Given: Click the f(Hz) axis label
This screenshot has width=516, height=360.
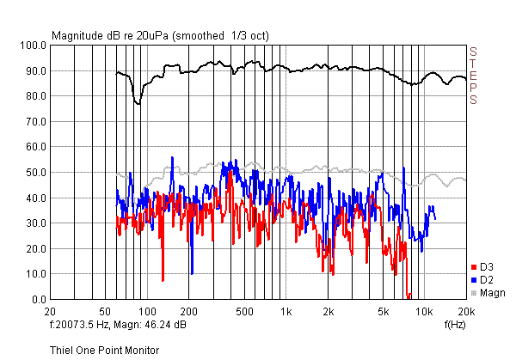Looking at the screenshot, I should [455, 325].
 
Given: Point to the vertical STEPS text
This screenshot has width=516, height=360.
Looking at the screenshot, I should [472, 76].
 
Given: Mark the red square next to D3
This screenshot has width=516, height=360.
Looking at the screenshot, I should [474, 267].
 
